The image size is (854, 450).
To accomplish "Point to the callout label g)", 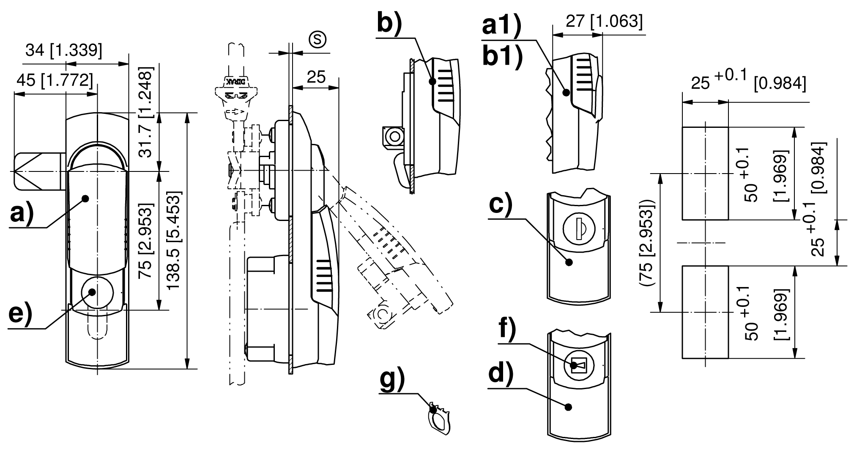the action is tap(392, 380).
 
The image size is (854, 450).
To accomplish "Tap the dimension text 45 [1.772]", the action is tap(54, 79).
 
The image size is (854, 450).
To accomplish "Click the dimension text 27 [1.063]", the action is tap(604, 22).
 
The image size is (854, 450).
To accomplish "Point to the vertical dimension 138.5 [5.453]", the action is tap(175, 241).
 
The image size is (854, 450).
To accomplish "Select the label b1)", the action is tap(502, 58).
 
